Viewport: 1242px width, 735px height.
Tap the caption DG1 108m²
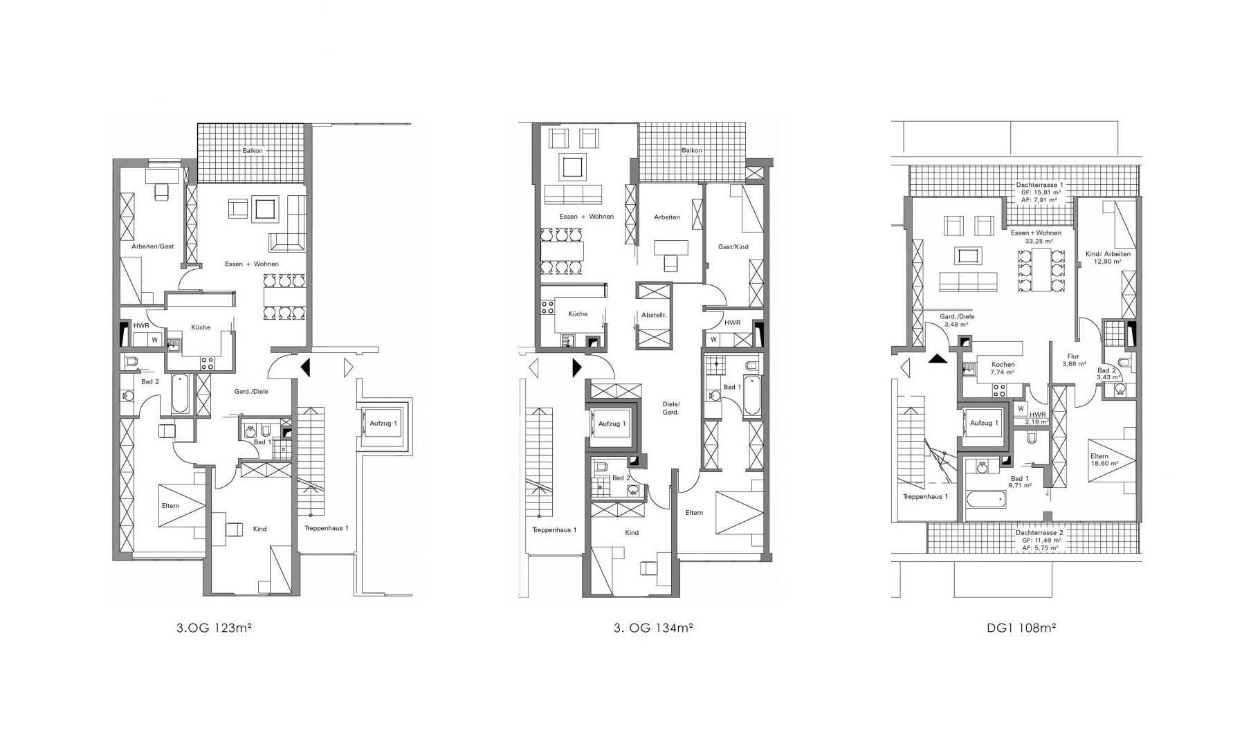[1021, 629]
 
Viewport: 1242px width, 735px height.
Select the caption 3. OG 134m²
[653, 629]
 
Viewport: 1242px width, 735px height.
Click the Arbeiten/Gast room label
[152, 246]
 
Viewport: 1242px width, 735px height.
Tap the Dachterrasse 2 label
[1039, 533]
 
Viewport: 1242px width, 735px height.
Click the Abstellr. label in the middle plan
[653, 315]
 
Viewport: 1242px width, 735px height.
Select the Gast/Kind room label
[733, 247]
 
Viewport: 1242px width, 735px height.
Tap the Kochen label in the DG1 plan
[1003, 364]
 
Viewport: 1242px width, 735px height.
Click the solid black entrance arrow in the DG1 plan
[937, 358]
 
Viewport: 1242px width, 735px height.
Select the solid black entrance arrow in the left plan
[305, 367]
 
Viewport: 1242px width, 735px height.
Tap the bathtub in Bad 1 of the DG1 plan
[985, 499]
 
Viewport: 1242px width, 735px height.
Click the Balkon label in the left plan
[251, 150]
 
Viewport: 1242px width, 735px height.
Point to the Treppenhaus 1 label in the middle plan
[554, 530]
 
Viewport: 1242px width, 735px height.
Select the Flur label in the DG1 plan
[1073, 356]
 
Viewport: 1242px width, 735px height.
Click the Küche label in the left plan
[201, 327]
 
